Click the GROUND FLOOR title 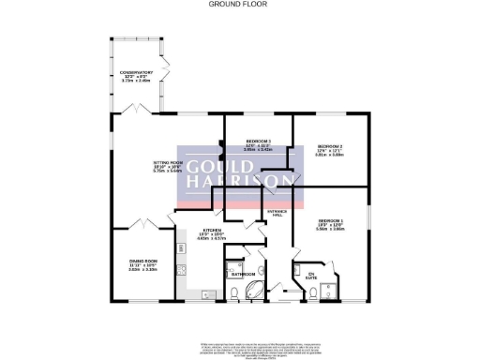coord(239,5)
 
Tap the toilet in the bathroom coord(232,292)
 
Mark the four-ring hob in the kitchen coord(185,273)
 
